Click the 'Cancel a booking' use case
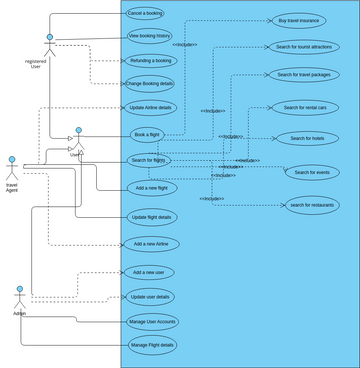pyautogui.click(x=145, y=13)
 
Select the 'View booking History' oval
pyautogui.click(x=150, y=36)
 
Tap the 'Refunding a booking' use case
pyautogui.click(x=151, y=61)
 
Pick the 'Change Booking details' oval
pyautogui.click(x=149, y=84)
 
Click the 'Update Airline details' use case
pyautogui.click(x=150, y=107)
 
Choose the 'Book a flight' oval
pyautogui.click(x=147, y=134)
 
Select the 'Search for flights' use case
pyautogui.click(x=149, y=160)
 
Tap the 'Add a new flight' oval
pyautogui.click(x=152, y=188)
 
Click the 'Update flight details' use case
pyautogui.click(x=152, y=217)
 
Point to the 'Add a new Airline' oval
pyautogui.click(x=153, y=244)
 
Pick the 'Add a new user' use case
pyautogui.click(x=149, y=272)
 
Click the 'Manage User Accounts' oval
pyautogui.click(x=152, y=321)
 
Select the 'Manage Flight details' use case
pyautogui.click(x=152, y=345)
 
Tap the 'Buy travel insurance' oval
pyautogui.click(x=299, y=20)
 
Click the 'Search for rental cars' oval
pyautogui.click(x=305, y=107)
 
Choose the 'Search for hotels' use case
pyautogui.click(x=307, y=138)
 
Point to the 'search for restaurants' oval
pyautogui.click(x=311, y=205)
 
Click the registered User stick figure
pyautogui.click(x=49, y=46)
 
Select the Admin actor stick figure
pyautogui.click(x=19, y=297)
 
